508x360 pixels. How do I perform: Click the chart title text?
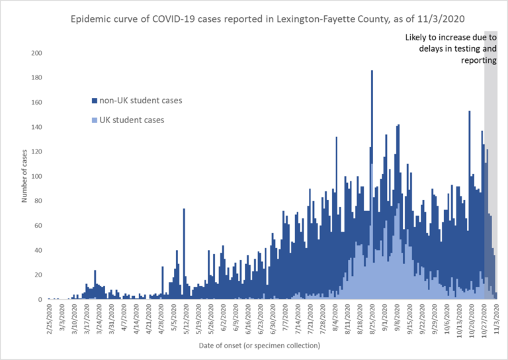point(254,19)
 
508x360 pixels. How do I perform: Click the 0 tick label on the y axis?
point(41,300)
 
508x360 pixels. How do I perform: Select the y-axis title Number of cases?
point(24,177)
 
